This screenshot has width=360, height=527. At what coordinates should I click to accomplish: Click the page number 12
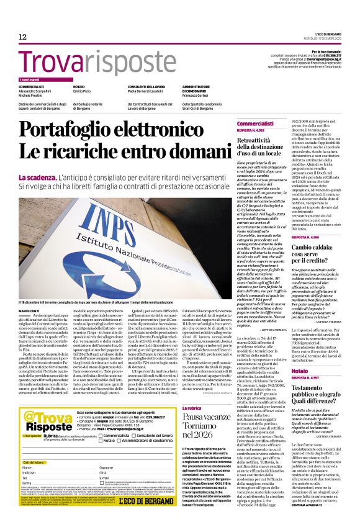(22, 37)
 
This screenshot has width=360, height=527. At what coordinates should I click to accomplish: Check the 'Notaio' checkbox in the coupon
(101, 441)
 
